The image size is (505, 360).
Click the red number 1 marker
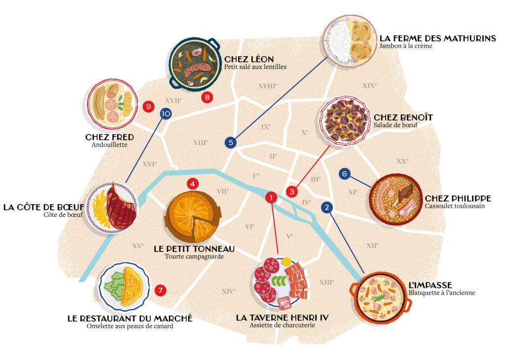[x=271, y=197]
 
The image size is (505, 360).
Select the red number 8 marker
[x=207, y=97]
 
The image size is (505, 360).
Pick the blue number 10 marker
[x=166, y=114]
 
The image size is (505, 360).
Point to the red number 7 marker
[x=160, y=290]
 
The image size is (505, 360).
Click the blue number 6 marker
[x=345, y=174]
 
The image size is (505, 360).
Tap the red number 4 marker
[x=193, y=184]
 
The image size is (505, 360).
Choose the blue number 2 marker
[x=326, y=208]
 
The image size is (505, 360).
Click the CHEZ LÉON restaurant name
[x=249, y=59]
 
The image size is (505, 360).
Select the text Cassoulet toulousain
[x=455, y=206]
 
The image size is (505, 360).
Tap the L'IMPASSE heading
[x=430, y=285]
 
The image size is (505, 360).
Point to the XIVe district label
[x=228, y=291]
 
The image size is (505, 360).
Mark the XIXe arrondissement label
[x=369, y=85]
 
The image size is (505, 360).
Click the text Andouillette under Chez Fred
[x=109, y=145]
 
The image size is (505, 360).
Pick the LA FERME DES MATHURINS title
[x=437, y=38]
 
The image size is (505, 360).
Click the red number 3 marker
[x=292, y=191]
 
